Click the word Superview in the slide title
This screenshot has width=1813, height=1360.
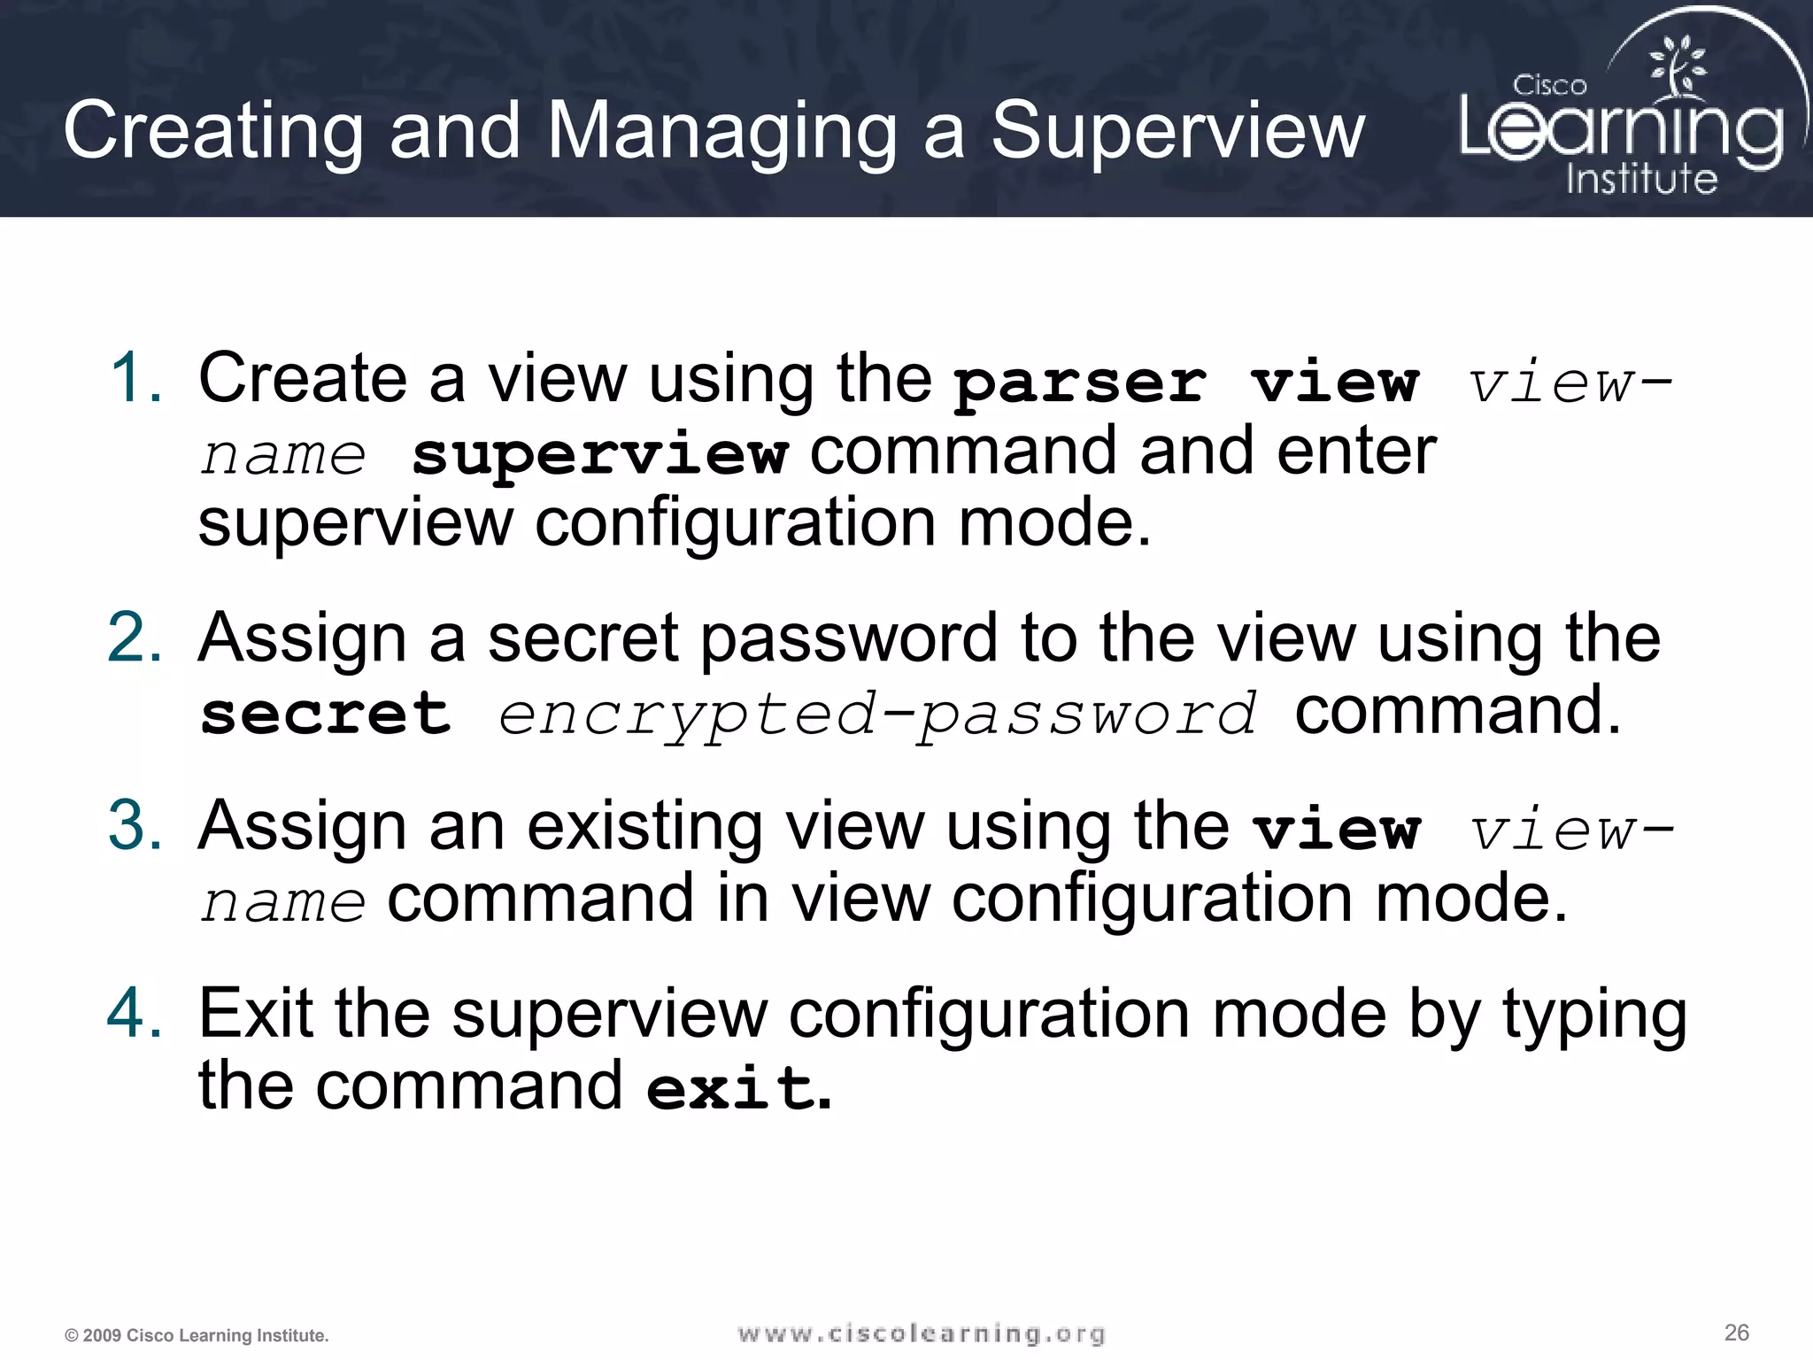point(1177,131)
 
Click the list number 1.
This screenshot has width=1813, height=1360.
point(135,378)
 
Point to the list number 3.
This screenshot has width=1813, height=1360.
point(135,825)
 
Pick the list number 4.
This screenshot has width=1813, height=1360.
point(135,1013)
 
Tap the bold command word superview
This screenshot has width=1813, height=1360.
point(599,455)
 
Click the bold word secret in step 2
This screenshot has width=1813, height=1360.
point(326,714)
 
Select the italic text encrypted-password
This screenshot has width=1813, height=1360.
point(876,715)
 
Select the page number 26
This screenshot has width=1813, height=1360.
point(1737,1333)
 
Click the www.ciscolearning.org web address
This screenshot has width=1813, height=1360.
point(922,1333)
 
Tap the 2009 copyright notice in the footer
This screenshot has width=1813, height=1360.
point(197,1335)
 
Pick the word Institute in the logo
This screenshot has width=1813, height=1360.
point(1641,179)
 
